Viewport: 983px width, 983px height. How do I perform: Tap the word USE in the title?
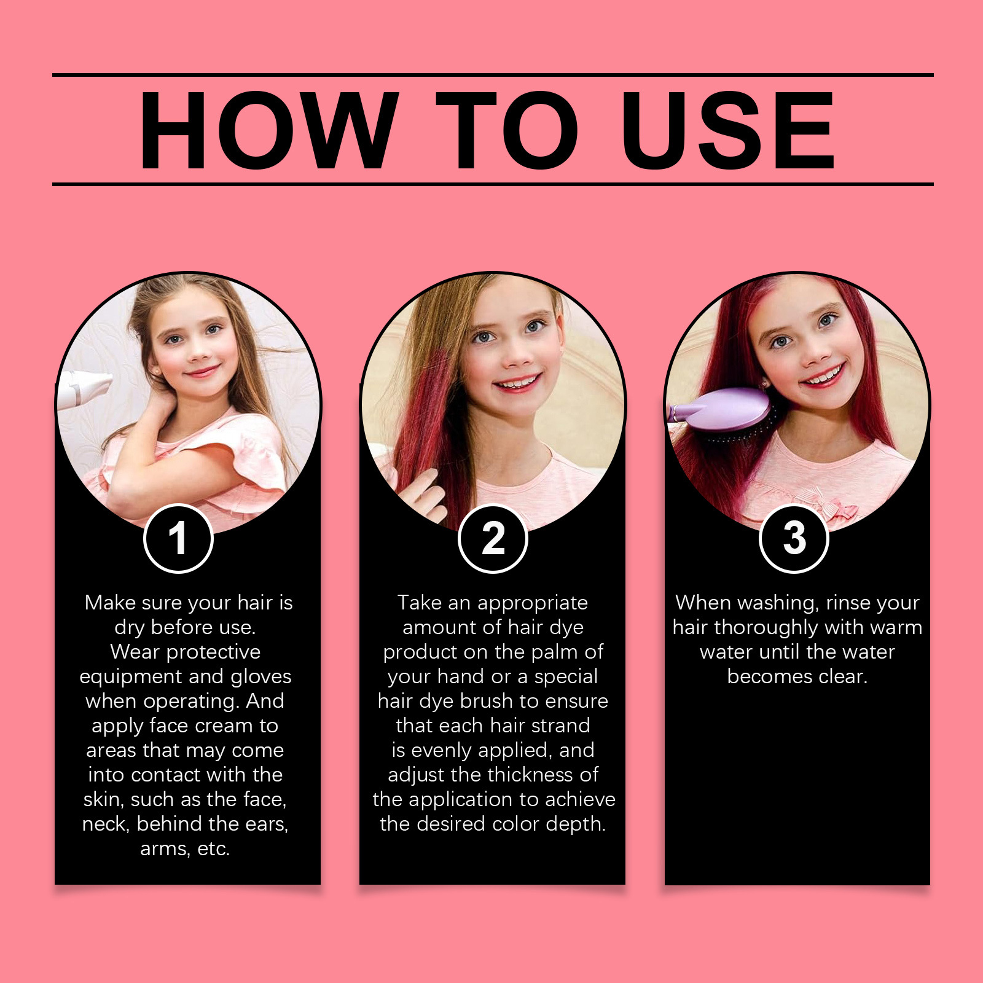point(728,131)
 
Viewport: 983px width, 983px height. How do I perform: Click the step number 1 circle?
point(178,539)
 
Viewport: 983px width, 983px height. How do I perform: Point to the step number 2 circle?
point(493,539)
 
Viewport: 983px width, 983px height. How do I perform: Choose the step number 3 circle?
point(794,539)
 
